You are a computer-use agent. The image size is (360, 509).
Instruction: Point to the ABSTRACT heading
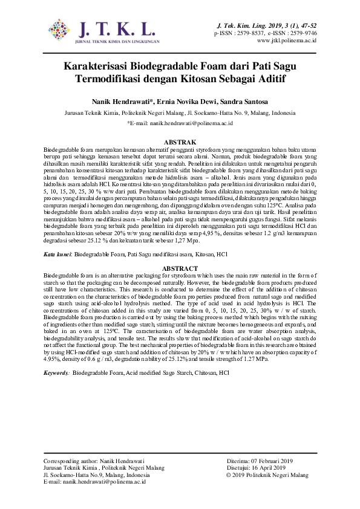pos(180,268)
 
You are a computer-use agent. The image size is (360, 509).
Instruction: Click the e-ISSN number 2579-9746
pos(299,33)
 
